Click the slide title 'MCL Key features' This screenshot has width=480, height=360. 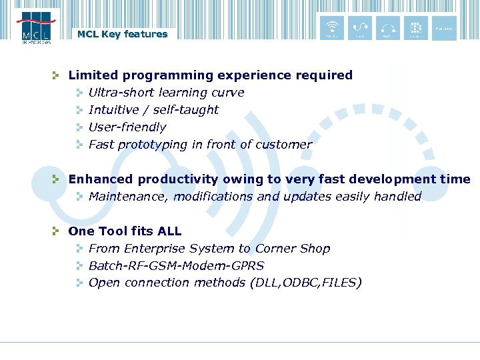click(x=122, y=34)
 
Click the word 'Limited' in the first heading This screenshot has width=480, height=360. click(x=91, y=75)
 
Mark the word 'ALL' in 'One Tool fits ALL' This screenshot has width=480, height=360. click(x=169, y=231)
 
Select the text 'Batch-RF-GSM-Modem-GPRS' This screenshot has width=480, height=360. click(x=176, y=266)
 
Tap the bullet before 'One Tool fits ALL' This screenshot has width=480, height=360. click(x=57, y=231)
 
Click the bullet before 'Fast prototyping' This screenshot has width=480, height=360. click(x=78, y=145)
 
